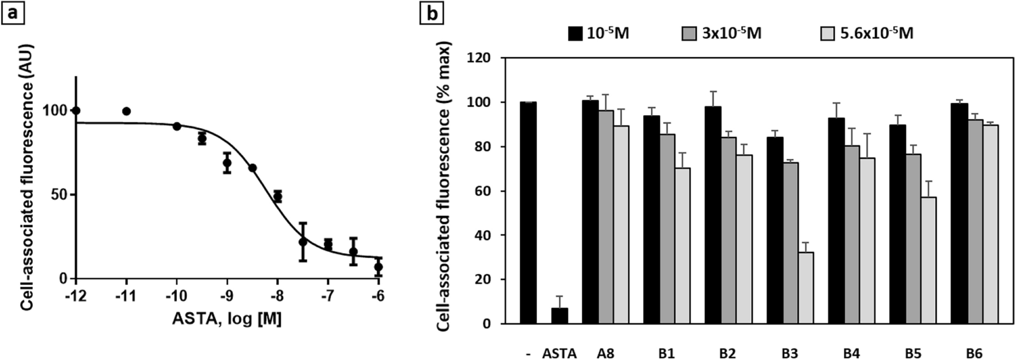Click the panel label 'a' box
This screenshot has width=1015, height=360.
coord(12,11)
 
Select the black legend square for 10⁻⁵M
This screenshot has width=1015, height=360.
coord(575,33)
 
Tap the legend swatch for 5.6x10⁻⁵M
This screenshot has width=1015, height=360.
coord(829,33)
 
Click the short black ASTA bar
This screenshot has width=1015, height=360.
coord(560,315)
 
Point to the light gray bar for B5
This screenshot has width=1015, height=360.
coord(929,260)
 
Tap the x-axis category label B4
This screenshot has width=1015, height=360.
coord(851,353)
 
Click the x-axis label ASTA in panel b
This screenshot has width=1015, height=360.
coord(559,353)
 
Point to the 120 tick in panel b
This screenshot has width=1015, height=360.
coord(479,58)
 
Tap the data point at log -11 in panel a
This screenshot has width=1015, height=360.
coord(126,111)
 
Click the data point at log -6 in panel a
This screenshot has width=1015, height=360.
coord(378,267)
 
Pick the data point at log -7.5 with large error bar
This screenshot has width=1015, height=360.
coord(303,242)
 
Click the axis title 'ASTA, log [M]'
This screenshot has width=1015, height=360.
coord(227,319)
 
